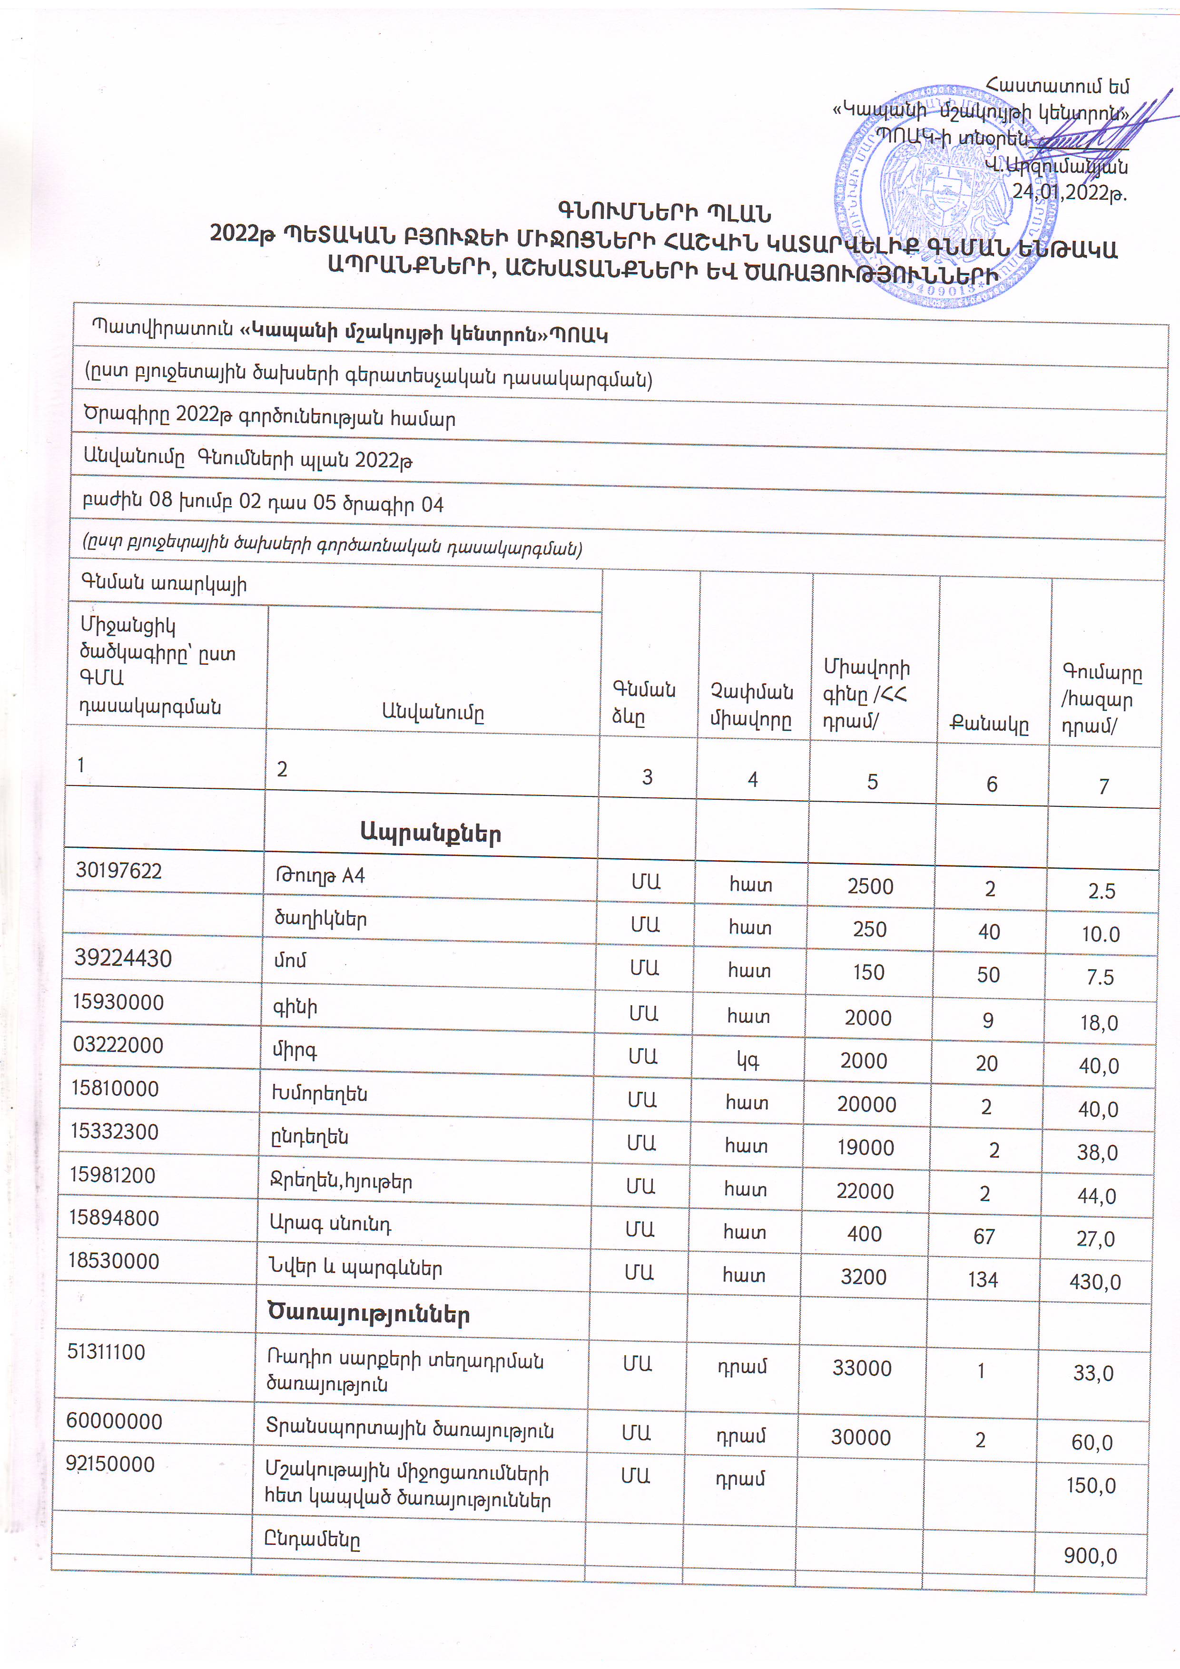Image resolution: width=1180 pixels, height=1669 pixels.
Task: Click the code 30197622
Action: coord(118,871)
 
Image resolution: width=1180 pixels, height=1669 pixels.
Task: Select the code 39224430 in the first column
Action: coord(123,959)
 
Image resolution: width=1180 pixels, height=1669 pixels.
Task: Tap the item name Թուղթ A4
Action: coord(320,876)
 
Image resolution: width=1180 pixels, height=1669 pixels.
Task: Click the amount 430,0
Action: coord(1094,1282)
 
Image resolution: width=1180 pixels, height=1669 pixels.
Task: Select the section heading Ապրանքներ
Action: coord(431,834)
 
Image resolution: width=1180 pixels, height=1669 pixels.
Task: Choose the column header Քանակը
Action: coord(990,724)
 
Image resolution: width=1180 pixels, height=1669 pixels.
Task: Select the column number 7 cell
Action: coord(1104,786)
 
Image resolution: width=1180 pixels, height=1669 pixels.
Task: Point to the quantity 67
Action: coord(983,1236)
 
